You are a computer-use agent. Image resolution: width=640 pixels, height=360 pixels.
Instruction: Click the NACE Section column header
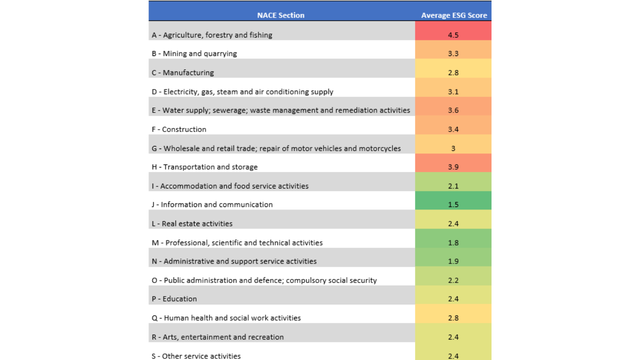(x=280, y=15)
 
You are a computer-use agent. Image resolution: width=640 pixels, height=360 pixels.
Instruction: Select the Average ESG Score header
(x=454, y=15)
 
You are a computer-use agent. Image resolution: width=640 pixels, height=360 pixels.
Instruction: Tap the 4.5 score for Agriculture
(x=453, y=35)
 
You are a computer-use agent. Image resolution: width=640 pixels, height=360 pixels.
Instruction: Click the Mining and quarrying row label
(x=194, y=53)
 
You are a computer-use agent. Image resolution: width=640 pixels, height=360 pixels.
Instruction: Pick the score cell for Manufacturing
(x=453, y=68)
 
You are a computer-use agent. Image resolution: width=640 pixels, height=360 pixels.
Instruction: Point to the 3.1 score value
(x=453, y=91)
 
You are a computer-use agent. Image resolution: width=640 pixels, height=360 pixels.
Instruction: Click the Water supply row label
(x=281, y=110)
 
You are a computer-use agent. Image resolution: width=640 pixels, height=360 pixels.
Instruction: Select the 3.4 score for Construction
(x=453, y=129)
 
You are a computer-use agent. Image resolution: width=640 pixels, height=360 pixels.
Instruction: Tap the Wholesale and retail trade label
(x=276, y=148)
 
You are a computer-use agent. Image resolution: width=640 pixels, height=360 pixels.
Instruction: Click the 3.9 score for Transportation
(x=453, y=167)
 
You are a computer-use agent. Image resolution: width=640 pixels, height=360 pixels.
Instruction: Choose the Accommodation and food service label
(x=230, y=186)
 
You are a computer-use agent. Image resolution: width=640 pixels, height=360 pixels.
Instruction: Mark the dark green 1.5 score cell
(x=453, y=200)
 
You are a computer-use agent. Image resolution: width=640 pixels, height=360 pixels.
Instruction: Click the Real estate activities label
(x=192, y=223)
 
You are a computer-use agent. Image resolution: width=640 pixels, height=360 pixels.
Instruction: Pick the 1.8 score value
(x=453, y=243)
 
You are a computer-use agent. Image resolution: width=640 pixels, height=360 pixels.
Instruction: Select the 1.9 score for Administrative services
(x=453, y=261)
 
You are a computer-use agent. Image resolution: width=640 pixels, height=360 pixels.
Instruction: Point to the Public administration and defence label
(x=264, y=280)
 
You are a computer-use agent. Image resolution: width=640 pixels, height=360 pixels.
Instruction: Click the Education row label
(x=174, y=299)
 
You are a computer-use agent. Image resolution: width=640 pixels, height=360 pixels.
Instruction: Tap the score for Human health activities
(x=453, y=318)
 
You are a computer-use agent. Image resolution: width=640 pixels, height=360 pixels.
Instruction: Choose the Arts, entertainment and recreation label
(x=217, y=337)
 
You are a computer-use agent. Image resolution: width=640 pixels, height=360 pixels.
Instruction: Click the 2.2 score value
(x=453, y=280)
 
